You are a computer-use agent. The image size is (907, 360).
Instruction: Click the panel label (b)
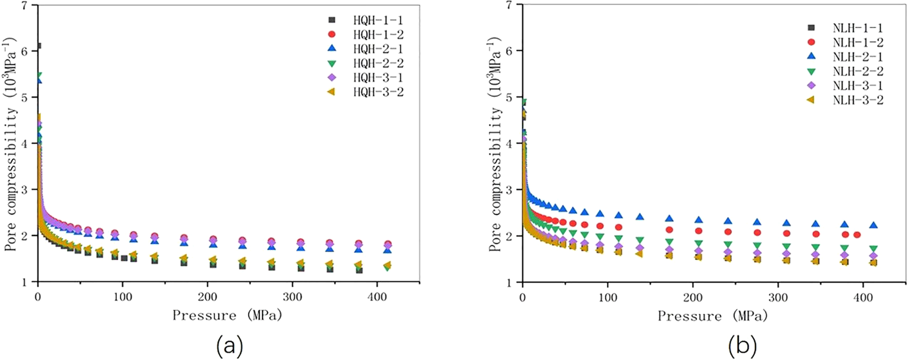coord(742,346)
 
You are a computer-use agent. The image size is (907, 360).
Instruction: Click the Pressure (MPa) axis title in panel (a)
coord(227,315)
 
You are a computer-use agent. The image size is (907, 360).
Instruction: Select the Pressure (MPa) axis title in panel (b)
coord(712,316)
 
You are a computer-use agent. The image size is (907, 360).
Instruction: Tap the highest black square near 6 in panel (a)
coord(38,46)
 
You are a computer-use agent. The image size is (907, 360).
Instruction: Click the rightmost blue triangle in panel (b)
coord(873,225)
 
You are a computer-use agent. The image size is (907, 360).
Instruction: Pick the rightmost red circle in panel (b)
coord(857,235)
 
